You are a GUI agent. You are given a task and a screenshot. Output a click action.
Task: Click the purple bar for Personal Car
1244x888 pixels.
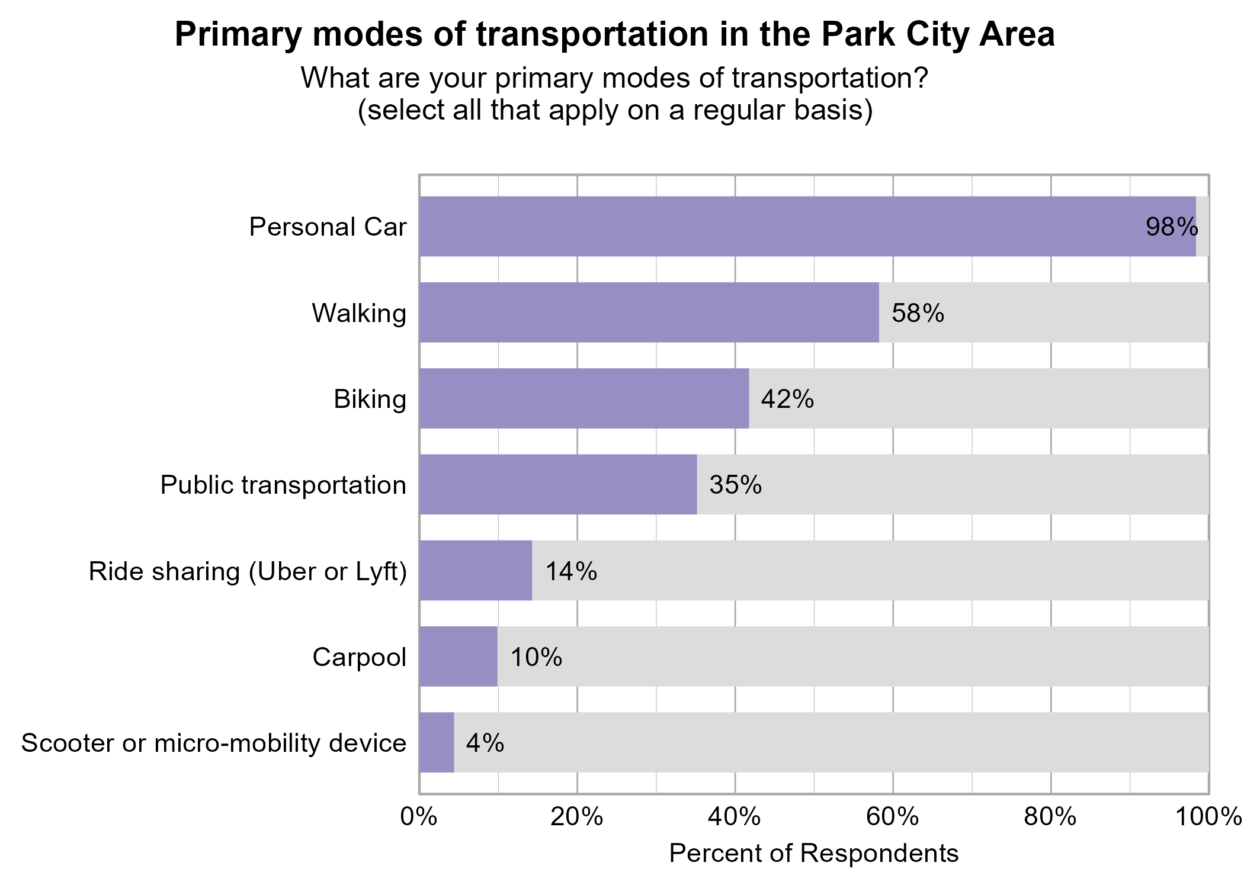click(x=807, y=227)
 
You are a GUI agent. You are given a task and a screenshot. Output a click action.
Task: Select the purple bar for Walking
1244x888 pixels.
click(x=649, y=313)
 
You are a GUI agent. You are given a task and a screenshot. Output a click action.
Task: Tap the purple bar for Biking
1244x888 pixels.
click(x=583, y=398)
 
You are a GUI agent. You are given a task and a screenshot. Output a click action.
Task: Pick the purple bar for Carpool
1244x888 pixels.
click(x=458, y=657)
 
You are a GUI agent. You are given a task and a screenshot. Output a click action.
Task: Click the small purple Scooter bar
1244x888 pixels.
click(x=437, y=742)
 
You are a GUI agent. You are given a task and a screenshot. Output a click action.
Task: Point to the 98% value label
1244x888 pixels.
click(x=1172, y=227)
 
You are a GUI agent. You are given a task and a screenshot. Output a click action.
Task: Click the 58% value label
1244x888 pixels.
click(x=918, y=313)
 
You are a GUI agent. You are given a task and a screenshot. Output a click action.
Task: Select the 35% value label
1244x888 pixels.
click(x=735, y=485)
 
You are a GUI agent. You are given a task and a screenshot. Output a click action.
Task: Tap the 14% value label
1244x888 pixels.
click(x=570, y=571)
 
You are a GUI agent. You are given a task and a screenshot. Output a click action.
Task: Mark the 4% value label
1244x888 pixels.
click(x=485, y=743)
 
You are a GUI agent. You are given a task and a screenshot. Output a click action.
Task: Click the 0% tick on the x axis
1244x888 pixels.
click(x=419, y=818)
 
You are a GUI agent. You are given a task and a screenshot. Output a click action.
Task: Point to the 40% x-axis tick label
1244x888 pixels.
click(x=735, y=818)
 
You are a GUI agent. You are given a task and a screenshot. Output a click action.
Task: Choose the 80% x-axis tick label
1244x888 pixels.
click(x=1050, y=818)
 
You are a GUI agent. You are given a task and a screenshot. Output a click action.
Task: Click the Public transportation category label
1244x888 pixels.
click(x=283, y=485)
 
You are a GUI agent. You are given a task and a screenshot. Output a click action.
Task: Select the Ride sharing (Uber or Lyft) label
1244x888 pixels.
click(x=248, y=571)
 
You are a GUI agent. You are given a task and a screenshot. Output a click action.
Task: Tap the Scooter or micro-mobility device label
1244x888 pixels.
click(x=214, y=743)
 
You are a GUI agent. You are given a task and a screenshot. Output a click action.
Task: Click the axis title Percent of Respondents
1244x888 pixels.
click(x=813, y=854)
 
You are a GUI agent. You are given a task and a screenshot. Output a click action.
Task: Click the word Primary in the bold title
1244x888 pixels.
click(x=238, y=34)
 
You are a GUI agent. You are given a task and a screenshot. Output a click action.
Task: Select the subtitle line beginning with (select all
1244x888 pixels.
click(x=615, y=110)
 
